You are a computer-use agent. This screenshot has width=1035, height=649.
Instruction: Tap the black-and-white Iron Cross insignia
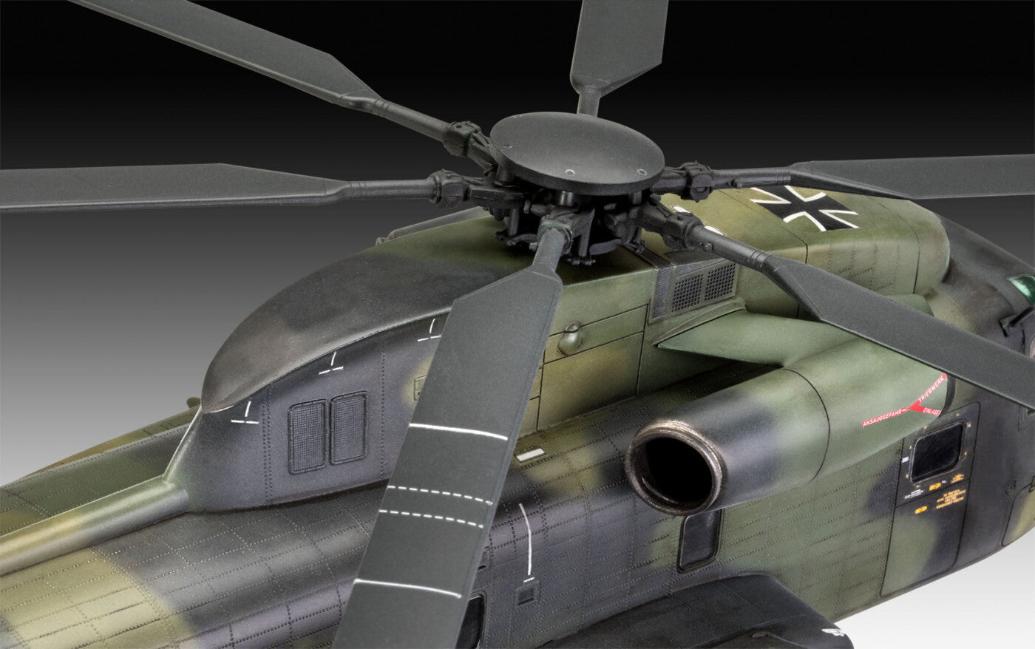[x=804, y=207]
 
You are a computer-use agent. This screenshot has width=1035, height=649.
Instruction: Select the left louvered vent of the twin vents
[x=308, y=435]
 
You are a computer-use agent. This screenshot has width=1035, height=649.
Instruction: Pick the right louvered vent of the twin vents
[x=348, y=427]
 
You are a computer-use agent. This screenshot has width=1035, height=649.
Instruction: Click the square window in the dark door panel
[x=937, y=451]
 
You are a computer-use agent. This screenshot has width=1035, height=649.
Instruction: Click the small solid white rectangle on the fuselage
[x=530, y=455]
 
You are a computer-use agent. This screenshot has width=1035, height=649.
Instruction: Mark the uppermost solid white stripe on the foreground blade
[x=458, y=431]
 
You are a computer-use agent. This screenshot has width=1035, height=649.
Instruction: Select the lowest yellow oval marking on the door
[x=920, y=510]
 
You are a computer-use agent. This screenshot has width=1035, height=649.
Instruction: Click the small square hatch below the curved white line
[x=526, y=594]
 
